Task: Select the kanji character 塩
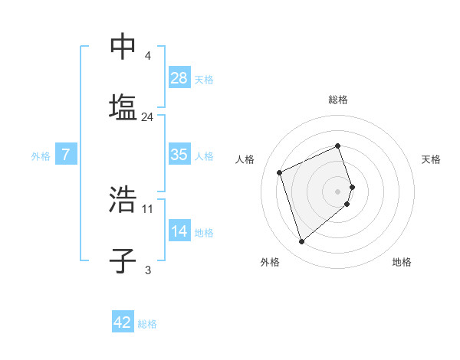pos(123,106)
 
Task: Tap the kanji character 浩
pos(123,200)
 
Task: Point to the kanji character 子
pos(123,259)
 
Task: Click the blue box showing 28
pos(179,77)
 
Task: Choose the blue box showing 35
pos(179,155)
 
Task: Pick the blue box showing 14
pos(179,231)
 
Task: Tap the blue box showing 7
pos(66,155)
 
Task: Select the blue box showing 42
pos(123,322)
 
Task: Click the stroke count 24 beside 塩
pos(148,117)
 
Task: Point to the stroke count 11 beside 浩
pos(148,208)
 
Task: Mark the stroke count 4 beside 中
pos(147,56)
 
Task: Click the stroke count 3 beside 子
pos(147,270)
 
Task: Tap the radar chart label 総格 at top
pos(338,100)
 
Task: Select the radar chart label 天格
pos(431,159)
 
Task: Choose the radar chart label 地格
pos(402,262)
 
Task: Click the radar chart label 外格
pos(270,262)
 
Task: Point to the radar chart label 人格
pos(245,159)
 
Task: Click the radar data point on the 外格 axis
pos(301,242)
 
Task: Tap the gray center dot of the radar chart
pos(338,191)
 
